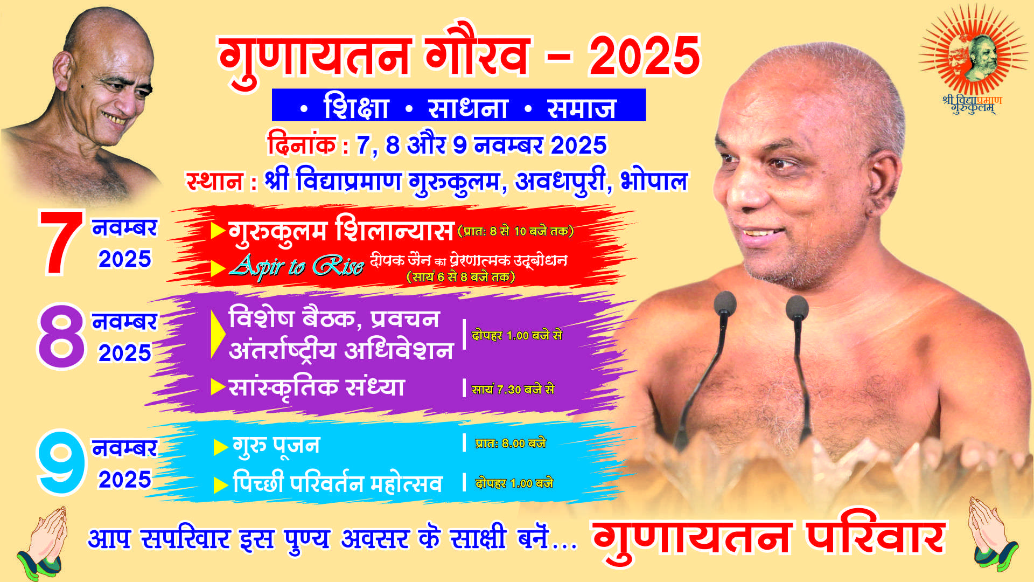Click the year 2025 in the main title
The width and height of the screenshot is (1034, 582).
click(644, 56)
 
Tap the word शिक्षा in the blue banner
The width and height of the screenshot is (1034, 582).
click(356, 107)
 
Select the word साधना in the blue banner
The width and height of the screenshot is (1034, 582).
click(467, 107)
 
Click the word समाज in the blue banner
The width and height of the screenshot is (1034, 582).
click(581, 107)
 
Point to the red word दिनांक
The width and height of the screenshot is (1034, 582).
click(302, 144)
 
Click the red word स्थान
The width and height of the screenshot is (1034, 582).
click(214, 181)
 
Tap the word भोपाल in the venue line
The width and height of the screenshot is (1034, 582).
click(654, 181)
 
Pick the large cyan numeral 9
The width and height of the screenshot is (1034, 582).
click(61, 462)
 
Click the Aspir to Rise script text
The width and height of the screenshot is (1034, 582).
click(296, 266)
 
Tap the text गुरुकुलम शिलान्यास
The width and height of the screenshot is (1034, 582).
click(341, 230)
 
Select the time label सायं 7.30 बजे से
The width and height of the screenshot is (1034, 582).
click(513, 389)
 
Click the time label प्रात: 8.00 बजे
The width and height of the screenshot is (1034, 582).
click(510, 443)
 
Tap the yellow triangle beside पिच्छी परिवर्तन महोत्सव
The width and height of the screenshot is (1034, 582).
click(220, 485)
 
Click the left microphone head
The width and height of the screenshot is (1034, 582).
click(724, 305)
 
